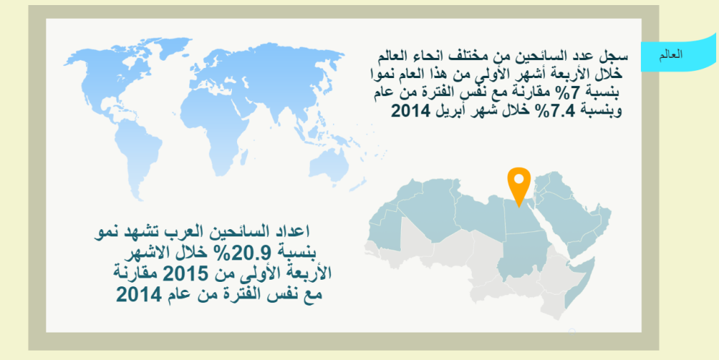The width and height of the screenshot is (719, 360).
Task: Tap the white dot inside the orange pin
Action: tap(519, 179)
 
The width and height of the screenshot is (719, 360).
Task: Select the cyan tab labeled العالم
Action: tap(679, 54)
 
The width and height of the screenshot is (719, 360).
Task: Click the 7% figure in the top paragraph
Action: tap(570, 93)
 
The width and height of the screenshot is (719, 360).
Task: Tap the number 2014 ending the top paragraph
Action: tap(410, 111)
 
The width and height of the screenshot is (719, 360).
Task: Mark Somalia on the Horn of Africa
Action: tap(580, 280)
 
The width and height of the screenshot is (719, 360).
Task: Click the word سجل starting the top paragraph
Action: tap(618, 56)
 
